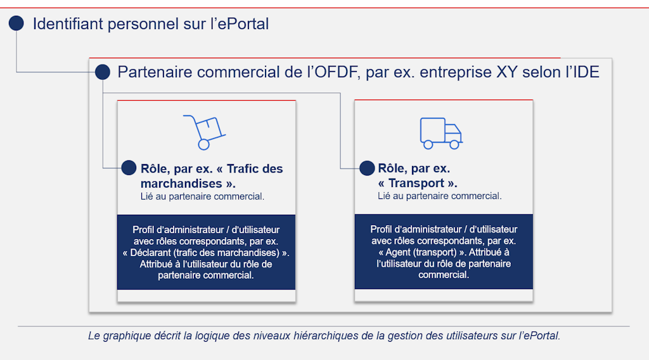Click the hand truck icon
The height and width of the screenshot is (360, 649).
[x=204, y=132]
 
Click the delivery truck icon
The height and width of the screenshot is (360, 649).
[x=440, y=132]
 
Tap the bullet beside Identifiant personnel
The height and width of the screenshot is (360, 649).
[x=16, y=24]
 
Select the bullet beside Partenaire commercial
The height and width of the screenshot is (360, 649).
[x=103, y=72]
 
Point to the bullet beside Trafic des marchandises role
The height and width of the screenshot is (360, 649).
[x=129, y=168]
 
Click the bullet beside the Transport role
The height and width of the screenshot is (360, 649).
[x=367, y=168]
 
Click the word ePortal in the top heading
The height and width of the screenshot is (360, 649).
[x=243, y=24]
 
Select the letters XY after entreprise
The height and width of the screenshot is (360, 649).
[x=506, y=72]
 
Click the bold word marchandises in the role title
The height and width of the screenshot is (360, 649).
[x=183, y=184]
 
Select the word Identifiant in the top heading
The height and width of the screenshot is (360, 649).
[x=68, y=24]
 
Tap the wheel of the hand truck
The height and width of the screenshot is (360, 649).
[x=203, y=145]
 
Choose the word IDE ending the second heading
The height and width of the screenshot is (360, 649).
[x=585, y=72]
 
